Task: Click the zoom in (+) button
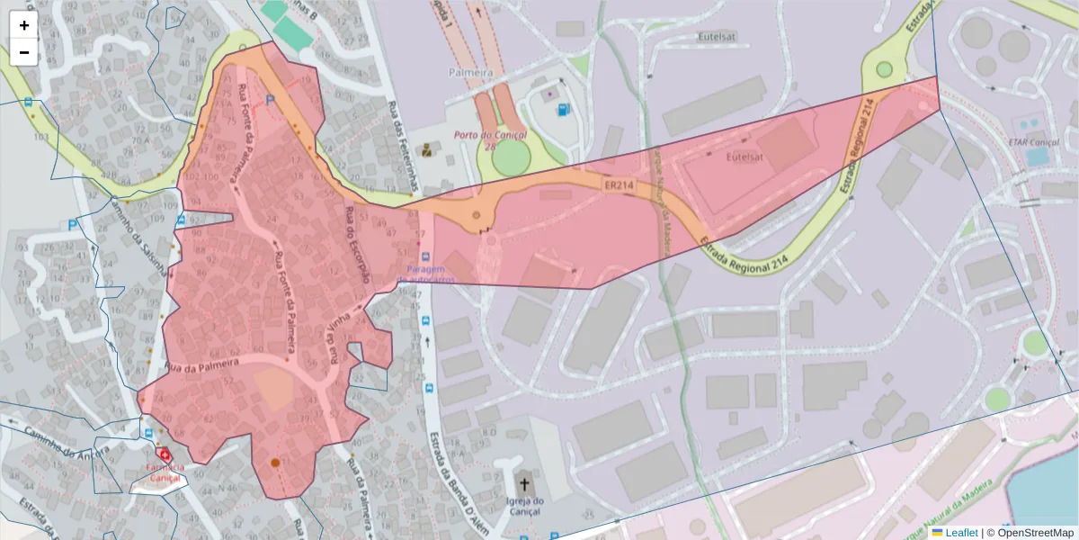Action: click(24, 25)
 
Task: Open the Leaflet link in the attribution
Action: click(961, 533)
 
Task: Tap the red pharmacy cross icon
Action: click(164, 454)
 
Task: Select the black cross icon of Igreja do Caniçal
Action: click(524, 483)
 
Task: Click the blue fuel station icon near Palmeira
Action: click(564, 110)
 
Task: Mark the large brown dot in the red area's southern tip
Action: click(275, 463)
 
